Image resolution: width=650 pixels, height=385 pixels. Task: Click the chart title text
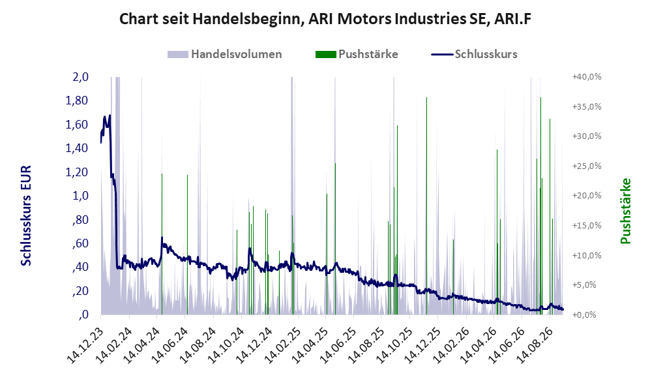(x=325, y=19)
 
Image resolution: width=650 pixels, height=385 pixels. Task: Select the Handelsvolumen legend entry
(x=225, y=54)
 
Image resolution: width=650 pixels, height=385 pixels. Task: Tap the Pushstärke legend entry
(x=357, y=54)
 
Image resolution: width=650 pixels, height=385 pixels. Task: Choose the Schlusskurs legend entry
(x=474, y=54)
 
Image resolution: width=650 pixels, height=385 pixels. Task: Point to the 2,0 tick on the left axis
(x=80, y=77)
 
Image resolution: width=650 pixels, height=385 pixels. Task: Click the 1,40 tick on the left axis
(x=77, y=148)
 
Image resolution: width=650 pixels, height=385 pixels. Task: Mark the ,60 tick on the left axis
(x=80, y=243)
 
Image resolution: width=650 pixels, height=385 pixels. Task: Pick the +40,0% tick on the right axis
(x=587, y=77)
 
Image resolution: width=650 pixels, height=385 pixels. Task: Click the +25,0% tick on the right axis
(x=587, y=166)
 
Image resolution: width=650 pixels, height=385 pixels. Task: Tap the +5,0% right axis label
(x=589, y=285)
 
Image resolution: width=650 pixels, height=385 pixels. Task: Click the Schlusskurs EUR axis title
(x=26, y=216)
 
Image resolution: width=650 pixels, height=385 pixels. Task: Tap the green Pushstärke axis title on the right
(x=625, y=211)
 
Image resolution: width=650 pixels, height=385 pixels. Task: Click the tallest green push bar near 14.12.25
(x=426, y=206)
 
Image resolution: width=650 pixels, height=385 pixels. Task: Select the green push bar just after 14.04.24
(x=162, y=244)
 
